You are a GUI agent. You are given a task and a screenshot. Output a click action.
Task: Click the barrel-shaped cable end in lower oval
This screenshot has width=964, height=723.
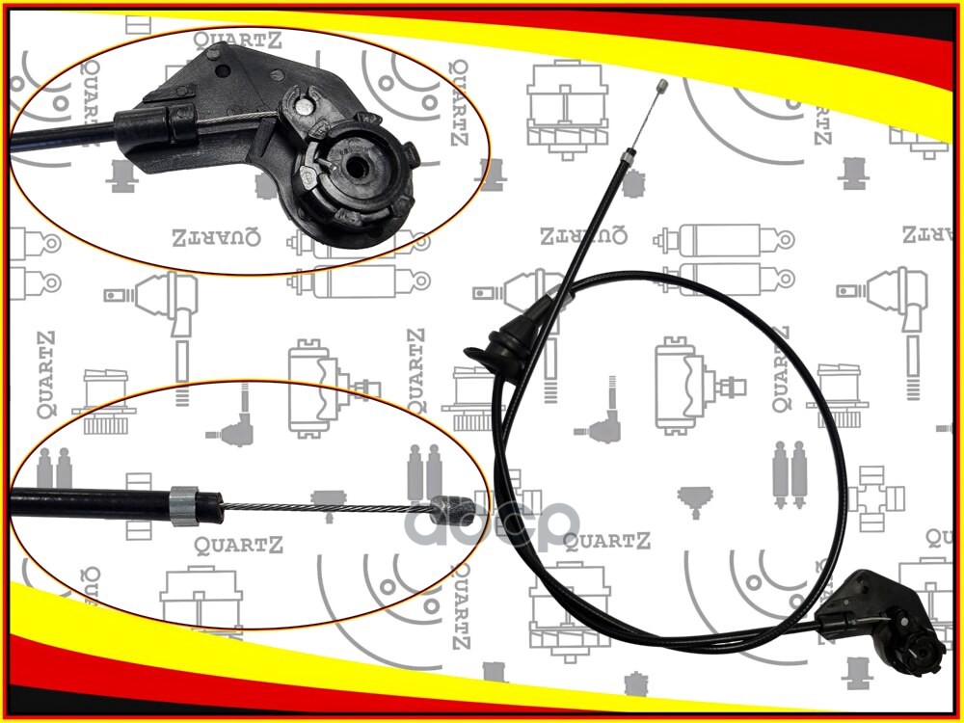coord(450,507)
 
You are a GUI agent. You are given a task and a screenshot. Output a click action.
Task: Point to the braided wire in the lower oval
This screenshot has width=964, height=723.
coord(318,507)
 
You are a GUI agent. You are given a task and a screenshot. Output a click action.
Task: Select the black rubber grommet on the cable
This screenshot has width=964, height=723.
coord(502,345)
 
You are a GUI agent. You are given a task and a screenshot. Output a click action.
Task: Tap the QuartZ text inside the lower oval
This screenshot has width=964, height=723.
coord(239,547)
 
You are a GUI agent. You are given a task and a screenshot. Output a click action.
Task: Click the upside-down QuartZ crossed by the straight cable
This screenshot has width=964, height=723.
coord(583,234)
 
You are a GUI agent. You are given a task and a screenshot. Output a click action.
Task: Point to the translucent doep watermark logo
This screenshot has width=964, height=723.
coord(492,525)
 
